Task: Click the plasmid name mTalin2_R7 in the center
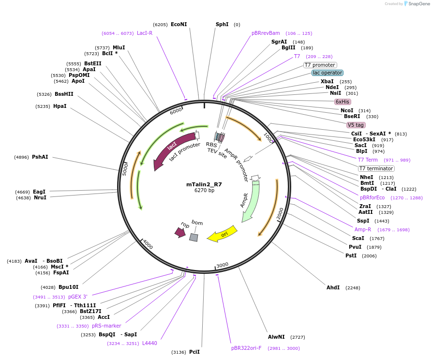pos(204,184)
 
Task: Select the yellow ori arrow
pos(222,234)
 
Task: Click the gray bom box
pos(194,238)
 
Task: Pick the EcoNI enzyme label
pos(179,25)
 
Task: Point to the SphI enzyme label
pos(222,24)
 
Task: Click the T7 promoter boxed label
pos(320,65)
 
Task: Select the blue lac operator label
pos(328,73)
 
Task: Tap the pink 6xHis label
pos(343,102)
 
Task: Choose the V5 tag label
pos(356,125)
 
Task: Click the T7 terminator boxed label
pos(376,168)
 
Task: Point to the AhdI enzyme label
pos(333,287)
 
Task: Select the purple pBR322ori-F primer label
pos(246,347)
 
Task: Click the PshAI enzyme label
pos(40,157)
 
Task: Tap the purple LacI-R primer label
pos(145,33)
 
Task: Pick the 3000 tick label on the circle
pos(222,265)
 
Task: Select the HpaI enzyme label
pos(60,106)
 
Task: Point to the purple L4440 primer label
pos(149,343)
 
